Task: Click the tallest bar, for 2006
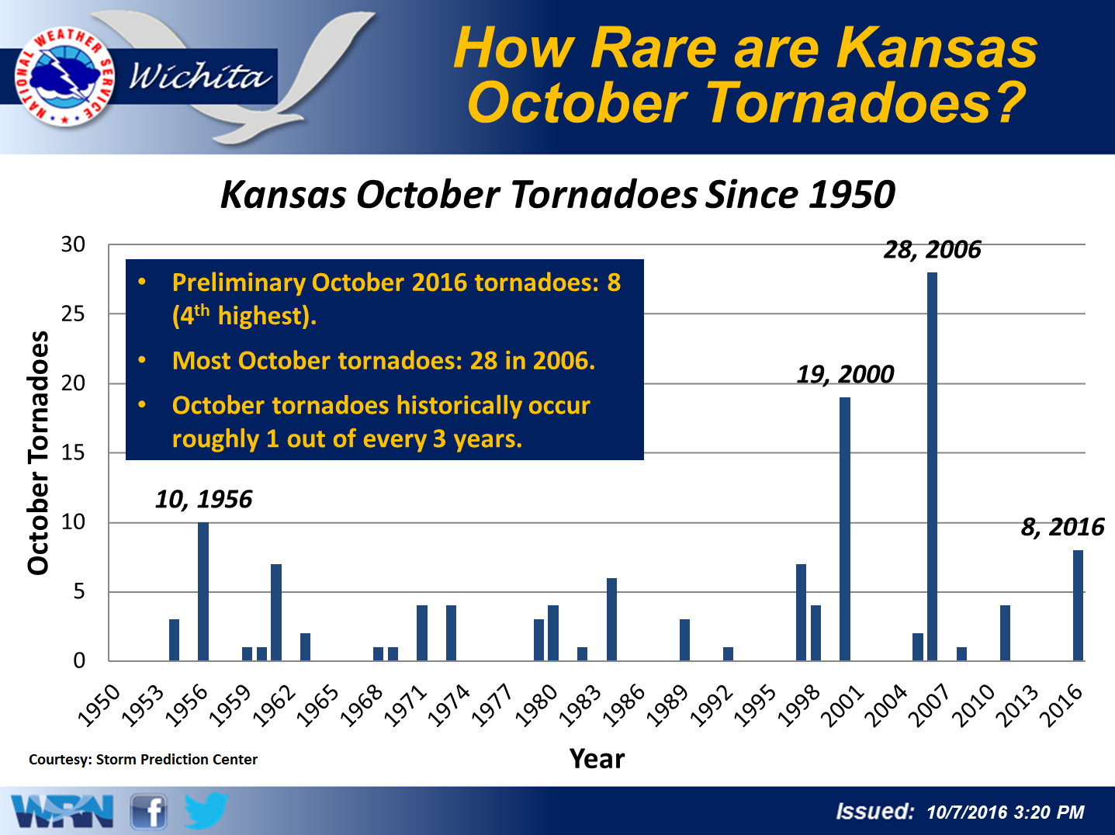[x=932, y=466]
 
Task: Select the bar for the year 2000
[x=844, y=528]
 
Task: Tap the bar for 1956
[x=203, y=591]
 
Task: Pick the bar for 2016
[x=1078, y=605]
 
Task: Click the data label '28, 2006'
[x=932, y=250]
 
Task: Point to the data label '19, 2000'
[x=845, y=375]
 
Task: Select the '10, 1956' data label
[x=203, y=500]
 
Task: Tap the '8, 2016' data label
[x=1062, y=527]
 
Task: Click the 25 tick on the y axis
[x=73, y=314]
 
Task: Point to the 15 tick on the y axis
[x=73, y=452]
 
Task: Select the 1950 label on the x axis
[x=99, y=705]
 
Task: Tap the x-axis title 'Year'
[x=597, y=759]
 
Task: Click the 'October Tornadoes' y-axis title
[x=38, y=453]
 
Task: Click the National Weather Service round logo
[x=64, y=77]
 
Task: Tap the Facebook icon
[x=148, y=812]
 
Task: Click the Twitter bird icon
[x=206, y=810]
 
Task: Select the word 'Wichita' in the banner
[x=200, y=77]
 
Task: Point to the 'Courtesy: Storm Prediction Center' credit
[x=144, y=760]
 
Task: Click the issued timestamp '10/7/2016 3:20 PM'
[x=1006, y=812]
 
